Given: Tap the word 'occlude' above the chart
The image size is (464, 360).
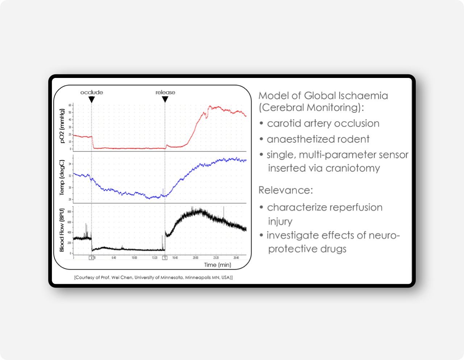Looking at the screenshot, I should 92,92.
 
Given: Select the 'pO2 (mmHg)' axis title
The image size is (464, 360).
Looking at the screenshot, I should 62,126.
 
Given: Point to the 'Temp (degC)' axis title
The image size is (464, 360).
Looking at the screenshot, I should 62,178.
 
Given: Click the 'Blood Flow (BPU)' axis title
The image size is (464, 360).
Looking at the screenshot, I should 62,230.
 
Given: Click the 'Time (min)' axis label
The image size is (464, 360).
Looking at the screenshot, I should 217,265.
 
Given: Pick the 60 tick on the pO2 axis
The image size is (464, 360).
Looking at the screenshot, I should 70,105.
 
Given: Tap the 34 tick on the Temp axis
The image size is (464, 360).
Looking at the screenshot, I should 70,164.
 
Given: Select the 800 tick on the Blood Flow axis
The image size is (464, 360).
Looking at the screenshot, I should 70,212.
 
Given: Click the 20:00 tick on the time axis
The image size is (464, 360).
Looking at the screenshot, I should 195,258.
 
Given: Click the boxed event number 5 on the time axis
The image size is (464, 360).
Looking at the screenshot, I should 165,258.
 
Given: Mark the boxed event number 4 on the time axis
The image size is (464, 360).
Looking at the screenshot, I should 91,258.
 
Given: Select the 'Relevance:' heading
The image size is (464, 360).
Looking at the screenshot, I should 286,190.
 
